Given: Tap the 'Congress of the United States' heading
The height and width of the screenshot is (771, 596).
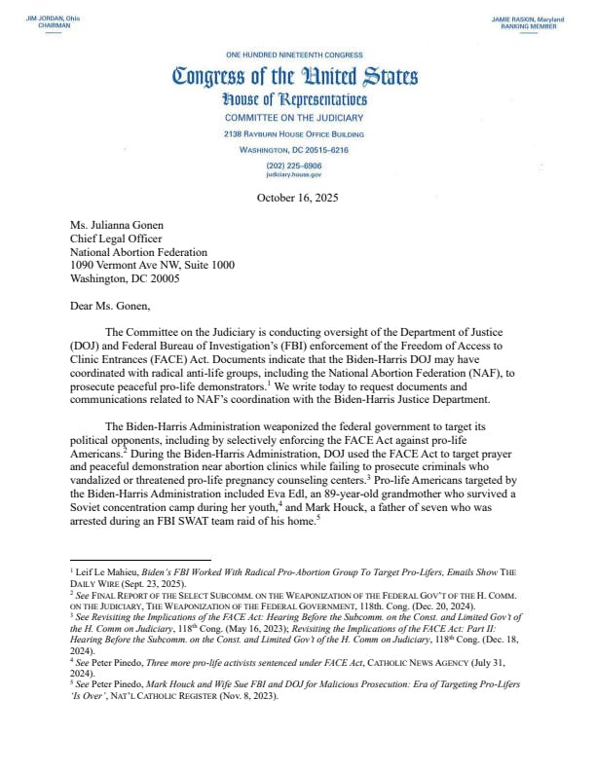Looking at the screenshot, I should pos(295,75).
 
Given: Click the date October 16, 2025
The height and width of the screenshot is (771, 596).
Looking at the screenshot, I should pos(296,198).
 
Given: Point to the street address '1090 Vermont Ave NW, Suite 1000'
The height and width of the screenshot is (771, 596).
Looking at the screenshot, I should pos(152,264).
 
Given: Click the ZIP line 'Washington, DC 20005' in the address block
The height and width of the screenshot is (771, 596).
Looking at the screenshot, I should pos(126,277).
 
